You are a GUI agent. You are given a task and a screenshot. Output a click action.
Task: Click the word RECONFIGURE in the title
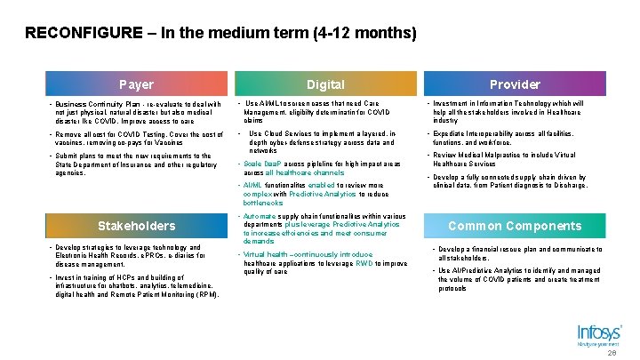click(x=83, y=34)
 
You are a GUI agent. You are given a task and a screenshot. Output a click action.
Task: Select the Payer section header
click(x=136, y=84)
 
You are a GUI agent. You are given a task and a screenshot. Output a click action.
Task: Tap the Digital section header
click(x=325, y=84)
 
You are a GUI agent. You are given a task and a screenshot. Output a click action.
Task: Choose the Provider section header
click(x=515, y=84)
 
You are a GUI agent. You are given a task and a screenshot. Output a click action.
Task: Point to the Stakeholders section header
click(x=136, y=226)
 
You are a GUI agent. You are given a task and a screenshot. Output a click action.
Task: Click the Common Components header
click(x=515, y=226)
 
